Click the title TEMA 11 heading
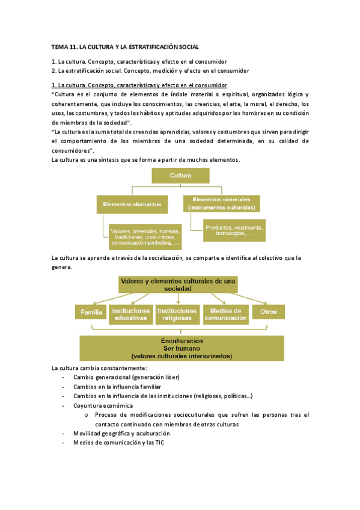coord(125,46)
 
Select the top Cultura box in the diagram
coord(180,176)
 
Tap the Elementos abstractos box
coord(132,204)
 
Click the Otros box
coord(269,312)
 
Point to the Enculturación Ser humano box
coord(181,348)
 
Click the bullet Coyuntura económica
coord(103,405)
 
